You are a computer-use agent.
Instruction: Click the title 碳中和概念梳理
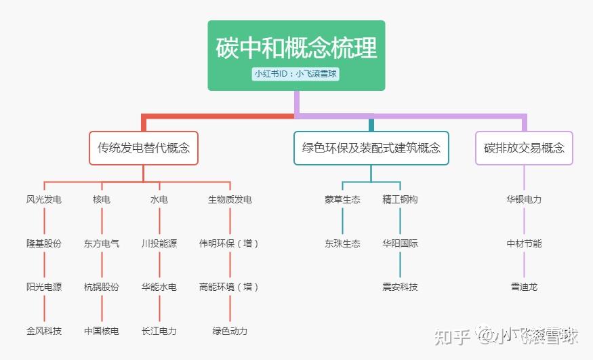point(296,49)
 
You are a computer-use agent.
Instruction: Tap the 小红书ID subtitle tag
point(295,74)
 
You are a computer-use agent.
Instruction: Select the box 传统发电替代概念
point(144,148)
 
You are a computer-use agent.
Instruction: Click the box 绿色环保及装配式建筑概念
point(371,148)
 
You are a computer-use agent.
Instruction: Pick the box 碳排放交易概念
point(524,148)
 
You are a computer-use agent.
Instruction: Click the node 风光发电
point(44,200)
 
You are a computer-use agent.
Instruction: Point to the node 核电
point(102,200)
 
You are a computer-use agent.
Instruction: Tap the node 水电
point(159,200)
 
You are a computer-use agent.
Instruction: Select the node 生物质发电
point(230,200)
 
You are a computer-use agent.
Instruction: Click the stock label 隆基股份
point(44,243)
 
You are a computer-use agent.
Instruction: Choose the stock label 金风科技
point(44,331)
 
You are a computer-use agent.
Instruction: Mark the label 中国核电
point(102,331)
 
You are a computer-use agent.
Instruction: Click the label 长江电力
point(159,331)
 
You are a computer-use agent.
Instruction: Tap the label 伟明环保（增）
point(230,243)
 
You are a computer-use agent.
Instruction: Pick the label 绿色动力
point(230,331)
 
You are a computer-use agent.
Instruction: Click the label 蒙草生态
point(342,200)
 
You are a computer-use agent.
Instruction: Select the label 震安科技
point(400,287)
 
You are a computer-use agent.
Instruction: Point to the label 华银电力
point(524,200)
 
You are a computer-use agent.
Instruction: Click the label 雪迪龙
point(524,287)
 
